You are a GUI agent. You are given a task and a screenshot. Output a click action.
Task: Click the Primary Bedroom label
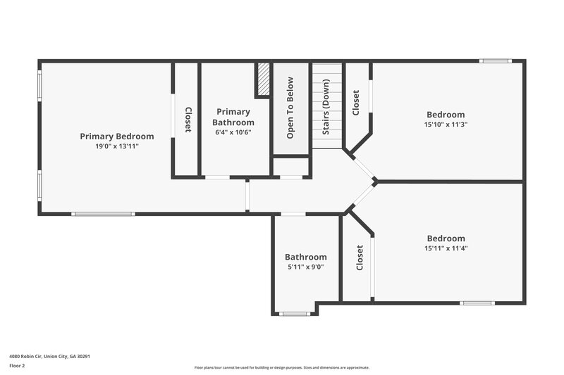(116, 136)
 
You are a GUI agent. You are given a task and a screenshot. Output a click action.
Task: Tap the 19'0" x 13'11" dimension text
(116, 146)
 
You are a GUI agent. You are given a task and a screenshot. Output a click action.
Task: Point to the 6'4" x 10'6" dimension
(233, 132)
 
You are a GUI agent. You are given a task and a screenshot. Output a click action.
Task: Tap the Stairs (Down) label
(326, 113)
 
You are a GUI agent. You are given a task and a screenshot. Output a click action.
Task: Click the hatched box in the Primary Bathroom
(263, 79)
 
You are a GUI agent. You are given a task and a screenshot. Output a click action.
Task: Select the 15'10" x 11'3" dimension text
(446, 125)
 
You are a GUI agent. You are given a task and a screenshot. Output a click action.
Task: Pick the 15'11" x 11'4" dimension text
(446, 248)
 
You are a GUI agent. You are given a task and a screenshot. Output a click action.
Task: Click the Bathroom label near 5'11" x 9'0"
(305, 257)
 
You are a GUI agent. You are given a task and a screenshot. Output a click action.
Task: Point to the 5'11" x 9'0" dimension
(305, 267)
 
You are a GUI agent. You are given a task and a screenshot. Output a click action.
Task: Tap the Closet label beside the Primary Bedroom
(188, 119)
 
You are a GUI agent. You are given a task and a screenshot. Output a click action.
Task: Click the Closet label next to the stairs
(356, 103)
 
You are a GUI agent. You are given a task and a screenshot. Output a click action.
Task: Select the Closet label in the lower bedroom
(360, 258)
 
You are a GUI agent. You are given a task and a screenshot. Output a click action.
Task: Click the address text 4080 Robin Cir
(49, 356)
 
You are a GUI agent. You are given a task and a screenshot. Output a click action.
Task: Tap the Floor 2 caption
(17, 366)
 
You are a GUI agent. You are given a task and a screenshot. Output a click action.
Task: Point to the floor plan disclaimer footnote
(281, 367)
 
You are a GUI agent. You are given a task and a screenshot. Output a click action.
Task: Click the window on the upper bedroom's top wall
(496, 61)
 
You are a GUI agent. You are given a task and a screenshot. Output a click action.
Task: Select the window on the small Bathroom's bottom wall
(295, 314)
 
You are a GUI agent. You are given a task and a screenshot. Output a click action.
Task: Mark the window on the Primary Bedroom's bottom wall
(103, 214)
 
